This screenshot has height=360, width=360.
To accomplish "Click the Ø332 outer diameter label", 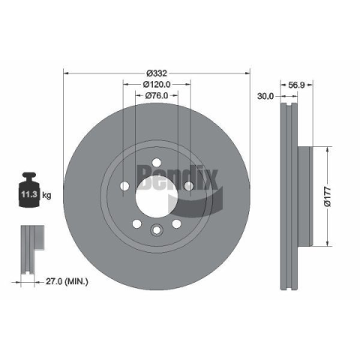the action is point(157,73).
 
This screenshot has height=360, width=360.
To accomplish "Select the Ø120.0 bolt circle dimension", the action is point(157,85).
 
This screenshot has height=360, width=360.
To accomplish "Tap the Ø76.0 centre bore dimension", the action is point(157,95).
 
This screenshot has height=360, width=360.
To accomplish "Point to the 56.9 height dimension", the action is point(296,85).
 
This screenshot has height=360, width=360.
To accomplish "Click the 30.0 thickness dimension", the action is point(265,96).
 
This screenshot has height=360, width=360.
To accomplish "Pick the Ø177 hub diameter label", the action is point(328,196).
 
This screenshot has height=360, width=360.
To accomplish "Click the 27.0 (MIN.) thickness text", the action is point(67,282).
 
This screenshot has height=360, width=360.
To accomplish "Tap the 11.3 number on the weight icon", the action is point(29,194).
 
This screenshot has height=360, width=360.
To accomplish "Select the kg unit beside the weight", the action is point(46,195).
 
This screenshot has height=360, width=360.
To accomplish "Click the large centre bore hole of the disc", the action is point(157,196).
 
